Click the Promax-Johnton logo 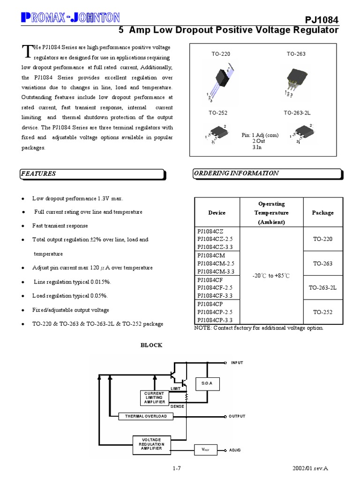pos(70,18)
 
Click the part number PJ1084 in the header pos(322,19)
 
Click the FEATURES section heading pos(38,174)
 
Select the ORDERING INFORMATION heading pos(236,173)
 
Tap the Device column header pos(217,213)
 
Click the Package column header pos(322,213)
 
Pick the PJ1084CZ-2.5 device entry pos(216,239)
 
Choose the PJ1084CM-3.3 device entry pos(216,272)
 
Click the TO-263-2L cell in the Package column pos(322,288)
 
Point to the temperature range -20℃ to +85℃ pos(271,276)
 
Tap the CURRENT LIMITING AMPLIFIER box pos(154,397)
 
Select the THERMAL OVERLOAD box pos(145,416)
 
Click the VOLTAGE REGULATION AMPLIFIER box pos(150,444)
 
